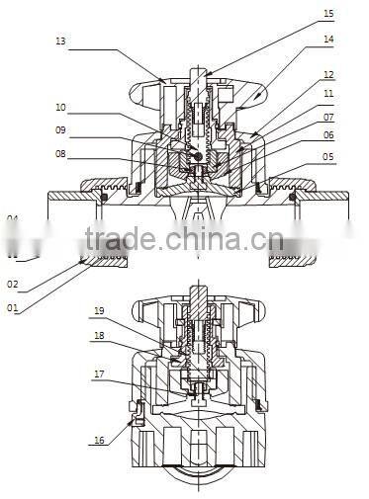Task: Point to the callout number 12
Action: coord(328,74)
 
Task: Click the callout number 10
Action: coord(61,107)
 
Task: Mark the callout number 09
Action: coord(61,129)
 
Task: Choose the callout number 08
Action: coord(61,153)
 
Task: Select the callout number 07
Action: coord(328,117)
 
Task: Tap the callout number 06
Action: coord(328,135)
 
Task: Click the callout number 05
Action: coord(328,156)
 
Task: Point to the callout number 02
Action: coord(13,284)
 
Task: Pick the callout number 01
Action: coord(13,307)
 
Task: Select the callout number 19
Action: coord(100,311)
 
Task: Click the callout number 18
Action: coord(100,335)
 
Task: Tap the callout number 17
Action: coord(100,374)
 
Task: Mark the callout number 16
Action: coord(100,442)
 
